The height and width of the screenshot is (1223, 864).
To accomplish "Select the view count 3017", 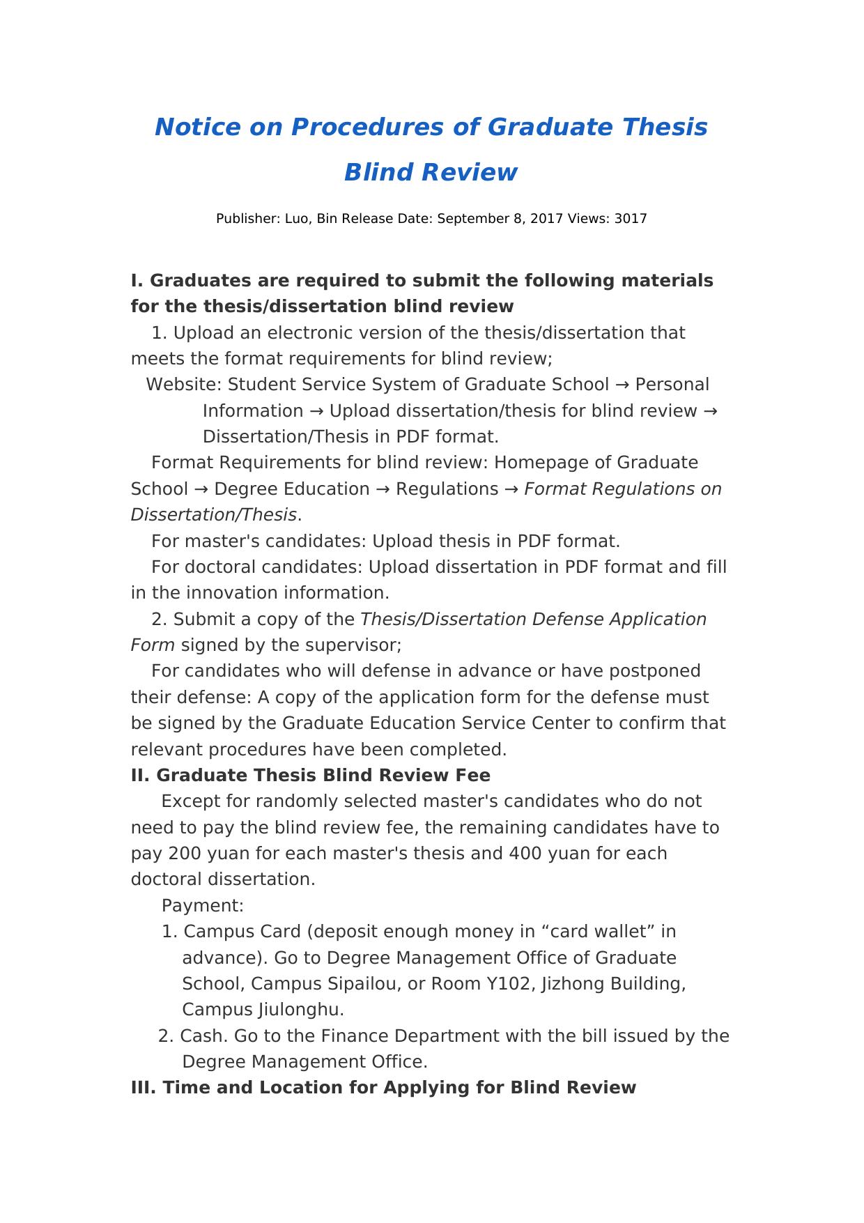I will point(631,219).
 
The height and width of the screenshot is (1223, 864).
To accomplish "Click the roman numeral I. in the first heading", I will point(137,281).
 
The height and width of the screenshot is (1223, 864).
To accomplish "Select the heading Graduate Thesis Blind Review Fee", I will point(323,776).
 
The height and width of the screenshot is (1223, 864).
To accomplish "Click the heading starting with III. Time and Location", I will point(383,1088).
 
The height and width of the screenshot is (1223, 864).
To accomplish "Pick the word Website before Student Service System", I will point(184,385).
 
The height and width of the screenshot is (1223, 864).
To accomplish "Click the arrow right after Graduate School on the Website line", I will point(622,385).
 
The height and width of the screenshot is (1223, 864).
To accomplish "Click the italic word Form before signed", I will point(153,645).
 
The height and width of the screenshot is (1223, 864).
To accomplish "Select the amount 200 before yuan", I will point(183,854).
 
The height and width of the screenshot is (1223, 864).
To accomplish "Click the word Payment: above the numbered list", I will point(203,906).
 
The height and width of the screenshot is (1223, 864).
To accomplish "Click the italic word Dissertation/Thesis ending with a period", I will point(214,515).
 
